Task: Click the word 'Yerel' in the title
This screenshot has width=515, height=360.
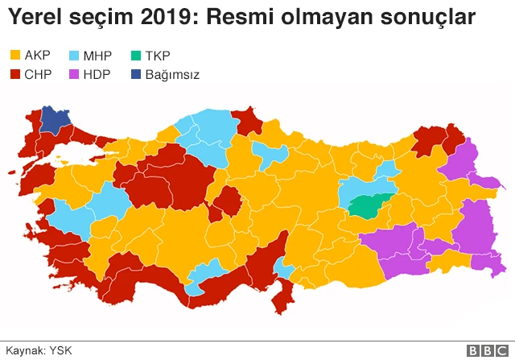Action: pyautogui.click(x=36, y=17)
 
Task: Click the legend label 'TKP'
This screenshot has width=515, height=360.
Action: pyautogui.click(x=159, y=56)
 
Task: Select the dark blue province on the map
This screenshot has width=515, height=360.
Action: pyautogui.click(x=55, y=119)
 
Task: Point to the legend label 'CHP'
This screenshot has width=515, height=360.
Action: pyautogui.click(x=38, y=75)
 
